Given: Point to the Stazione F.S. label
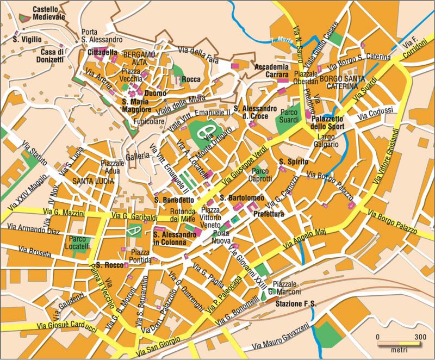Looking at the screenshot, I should pos(294,303).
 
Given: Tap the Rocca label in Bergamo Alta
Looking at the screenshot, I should pos(191,79).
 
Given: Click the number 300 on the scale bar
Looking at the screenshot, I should pos(418,337).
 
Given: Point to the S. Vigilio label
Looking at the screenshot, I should pos(25,40).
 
